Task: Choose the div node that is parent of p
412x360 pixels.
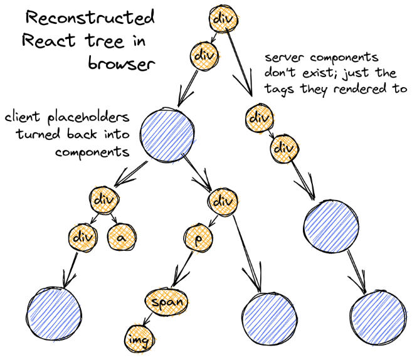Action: [x=223, y=203]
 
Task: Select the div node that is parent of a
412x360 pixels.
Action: [x=103, y=200]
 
